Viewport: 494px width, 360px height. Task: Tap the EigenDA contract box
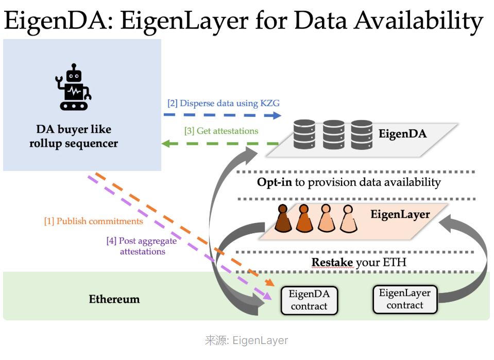[309, 300]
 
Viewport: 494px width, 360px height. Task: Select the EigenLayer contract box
[405, 299]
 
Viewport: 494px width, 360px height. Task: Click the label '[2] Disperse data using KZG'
[224, 103]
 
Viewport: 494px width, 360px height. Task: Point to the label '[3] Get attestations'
[221, 131]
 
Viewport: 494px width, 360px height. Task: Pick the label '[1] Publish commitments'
[93, 221]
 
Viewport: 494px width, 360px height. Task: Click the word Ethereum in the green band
[114, 299]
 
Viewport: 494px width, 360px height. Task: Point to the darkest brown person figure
[282, 219]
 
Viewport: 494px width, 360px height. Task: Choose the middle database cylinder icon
[333, 134]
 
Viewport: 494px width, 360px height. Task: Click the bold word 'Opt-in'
[275, 182]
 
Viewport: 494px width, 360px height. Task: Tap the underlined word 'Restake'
[332, 262]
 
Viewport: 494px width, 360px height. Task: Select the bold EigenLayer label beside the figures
[400, 214]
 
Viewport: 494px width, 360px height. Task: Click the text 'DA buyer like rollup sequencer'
[74, 136]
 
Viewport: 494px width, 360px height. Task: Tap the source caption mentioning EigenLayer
[246, 340]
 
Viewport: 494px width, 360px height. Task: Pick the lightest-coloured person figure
[348, 219]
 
